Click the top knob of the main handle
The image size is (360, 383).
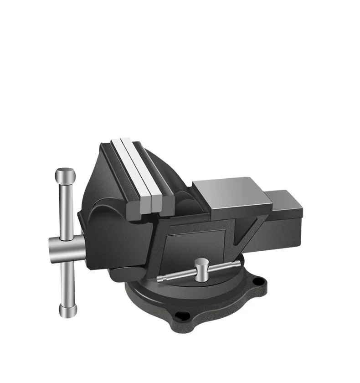pos(65,174)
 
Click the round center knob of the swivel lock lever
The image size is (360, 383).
pos(201,264)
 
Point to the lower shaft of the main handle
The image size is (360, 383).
pos(67,283)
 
